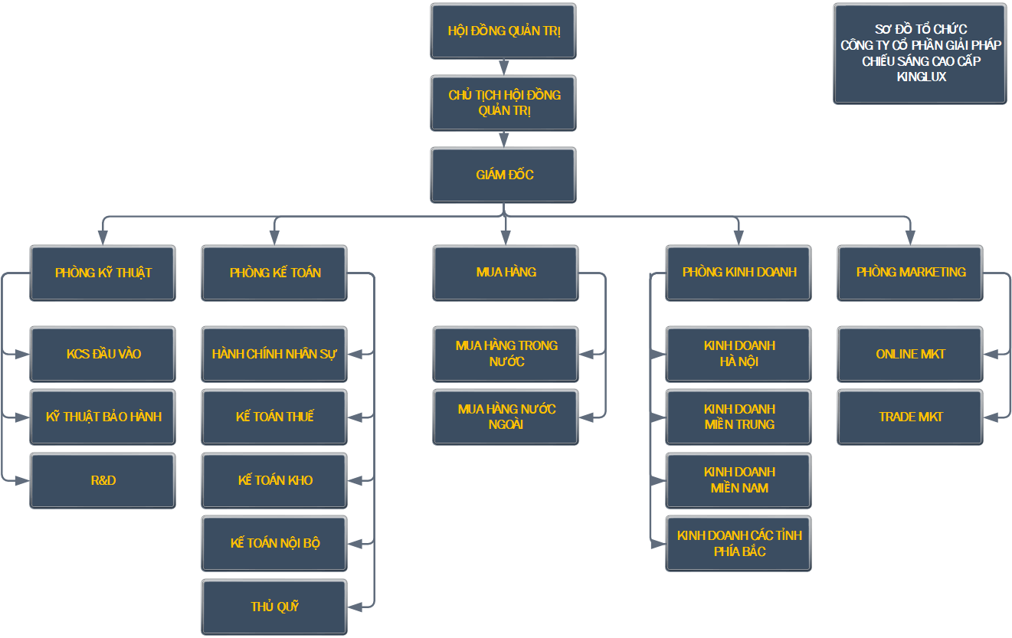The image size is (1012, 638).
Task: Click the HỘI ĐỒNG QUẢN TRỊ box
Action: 503,31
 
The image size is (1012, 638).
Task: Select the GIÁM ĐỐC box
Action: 503,175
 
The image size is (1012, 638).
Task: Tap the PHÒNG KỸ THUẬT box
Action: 103,273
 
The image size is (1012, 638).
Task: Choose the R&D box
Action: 103,481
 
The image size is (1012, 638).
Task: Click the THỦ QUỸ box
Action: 274,607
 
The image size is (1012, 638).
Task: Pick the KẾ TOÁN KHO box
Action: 274,481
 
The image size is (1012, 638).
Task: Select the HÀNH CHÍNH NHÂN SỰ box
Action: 274,355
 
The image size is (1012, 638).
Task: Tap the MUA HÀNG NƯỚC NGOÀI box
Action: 506,417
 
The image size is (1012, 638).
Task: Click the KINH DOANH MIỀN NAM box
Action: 739,481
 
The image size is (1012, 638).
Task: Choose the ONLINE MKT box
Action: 910,355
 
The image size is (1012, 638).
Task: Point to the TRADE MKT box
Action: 910,417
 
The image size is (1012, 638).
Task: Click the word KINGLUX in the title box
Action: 921,77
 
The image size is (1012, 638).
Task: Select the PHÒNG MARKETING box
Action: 910,273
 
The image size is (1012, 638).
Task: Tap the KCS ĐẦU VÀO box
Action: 103,355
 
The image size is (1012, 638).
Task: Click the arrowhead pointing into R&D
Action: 22,481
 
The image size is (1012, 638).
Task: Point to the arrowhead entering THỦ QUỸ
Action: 355,607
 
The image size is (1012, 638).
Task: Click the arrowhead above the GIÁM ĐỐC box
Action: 504,140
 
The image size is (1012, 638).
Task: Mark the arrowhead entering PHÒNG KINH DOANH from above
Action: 739,238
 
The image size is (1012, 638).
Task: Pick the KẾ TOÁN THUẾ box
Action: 274,417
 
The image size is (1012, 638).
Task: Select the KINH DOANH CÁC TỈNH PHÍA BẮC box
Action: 739,544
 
